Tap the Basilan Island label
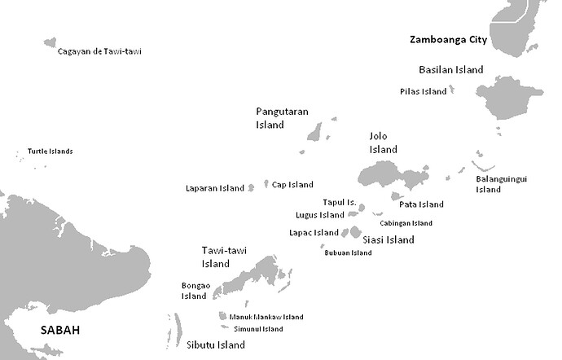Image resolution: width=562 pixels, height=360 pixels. point(450,70)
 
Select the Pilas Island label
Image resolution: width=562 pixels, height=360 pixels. point(424,91)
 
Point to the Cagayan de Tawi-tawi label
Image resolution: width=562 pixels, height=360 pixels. point(99,51)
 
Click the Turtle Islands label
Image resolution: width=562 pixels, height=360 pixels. point(50,151)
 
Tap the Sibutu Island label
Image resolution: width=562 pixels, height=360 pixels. point(216,345)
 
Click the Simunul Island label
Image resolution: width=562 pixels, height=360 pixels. point(258,329)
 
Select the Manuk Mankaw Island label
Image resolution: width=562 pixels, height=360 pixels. point(266,317)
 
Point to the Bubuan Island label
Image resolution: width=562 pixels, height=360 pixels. point(348,252)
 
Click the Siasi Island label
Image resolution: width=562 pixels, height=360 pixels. point(388,239)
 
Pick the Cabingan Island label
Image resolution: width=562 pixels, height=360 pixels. point(406,223)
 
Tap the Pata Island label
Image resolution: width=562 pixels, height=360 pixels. point(421,204)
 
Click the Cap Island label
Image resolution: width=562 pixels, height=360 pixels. point(292,185)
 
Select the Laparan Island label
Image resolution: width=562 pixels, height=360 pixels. point(215,188)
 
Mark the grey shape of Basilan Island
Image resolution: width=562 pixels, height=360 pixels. point(508,98)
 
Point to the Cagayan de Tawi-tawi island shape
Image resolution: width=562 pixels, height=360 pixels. point(50,42)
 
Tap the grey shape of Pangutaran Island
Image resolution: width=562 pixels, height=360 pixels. point(314,132)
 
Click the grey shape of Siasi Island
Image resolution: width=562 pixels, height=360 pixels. point(355,232)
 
